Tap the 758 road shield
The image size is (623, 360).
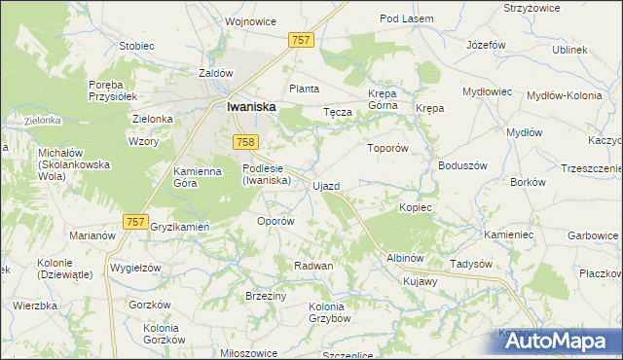[x=245, y=143]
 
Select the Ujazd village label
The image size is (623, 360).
[x=326, y=185]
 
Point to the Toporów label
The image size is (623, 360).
[x=385, y=149]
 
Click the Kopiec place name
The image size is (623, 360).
[x=416, y=208]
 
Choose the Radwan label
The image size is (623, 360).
[x=314, y=266]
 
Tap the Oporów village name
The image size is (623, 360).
[x=275, y=221]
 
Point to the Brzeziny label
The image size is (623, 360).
[x=265, y=296]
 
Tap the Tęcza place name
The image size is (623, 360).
[x=337, y=112]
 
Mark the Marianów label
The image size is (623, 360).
[x=92, y=235]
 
